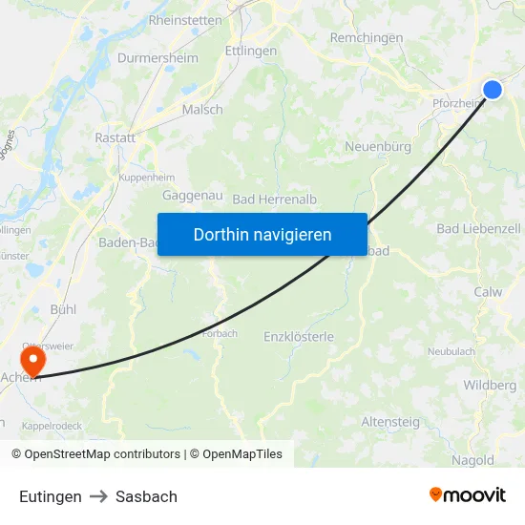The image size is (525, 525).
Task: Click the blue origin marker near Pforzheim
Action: click(x=493, y=90)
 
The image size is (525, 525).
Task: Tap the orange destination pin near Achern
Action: click(x=33, y=361)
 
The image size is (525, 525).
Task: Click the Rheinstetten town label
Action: click(x=185, y=20)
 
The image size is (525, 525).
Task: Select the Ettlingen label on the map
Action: click(x=250, y=51)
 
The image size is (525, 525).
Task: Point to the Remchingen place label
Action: click(x=366, y=37)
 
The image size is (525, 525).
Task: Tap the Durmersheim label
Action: click(x=157, y=58)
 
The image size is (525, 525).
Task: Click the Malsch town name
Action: click(x=202, y=110)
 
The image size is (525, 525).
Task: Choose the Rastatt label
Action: click(x=115, y=138)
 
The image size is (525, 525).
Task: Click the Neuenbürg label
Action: click(x=377, y=147)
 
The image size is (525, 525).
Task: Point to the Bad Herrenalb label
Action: click(x=275, y=199)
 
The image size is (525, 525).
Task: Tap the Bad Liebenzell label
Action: click(x=478, y=229)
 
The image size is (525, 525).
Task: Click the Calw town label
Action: click(x=488, y=292)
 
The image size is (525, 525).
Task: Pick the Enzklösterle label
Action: click(x=298, y=336)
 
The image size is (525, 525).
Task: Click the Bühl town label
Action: click(x=63, y=310)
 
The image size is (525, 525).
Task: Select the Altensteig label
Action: click(x=388, y=421)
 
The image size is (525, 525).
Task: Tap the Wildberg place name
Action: click(x=489, y=386)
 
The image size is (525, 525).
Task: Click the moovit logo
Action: click(x=467, y=495)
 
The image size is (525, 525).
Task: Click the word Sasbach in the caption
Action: click(x=146, y=496)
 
